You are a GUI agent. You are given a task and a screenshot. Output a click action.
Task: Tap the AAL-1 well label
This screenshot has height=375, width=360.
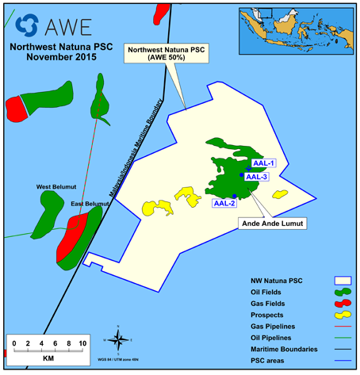(262, 163)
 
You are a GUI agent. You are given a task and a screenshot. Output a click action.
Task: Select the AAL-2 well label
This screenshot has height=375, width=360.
(225, 204)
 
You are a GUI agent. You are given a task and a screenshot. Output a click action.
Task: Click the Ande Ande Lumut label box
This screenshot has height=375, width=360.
(273, 224)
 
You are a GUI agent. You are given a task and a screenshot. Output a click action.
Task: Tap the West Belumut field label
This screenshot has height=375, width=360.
(56, 187)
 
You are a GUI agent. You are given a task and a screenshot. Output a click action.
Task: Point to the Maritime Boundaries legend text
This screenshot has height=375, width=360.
(283, 350)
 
